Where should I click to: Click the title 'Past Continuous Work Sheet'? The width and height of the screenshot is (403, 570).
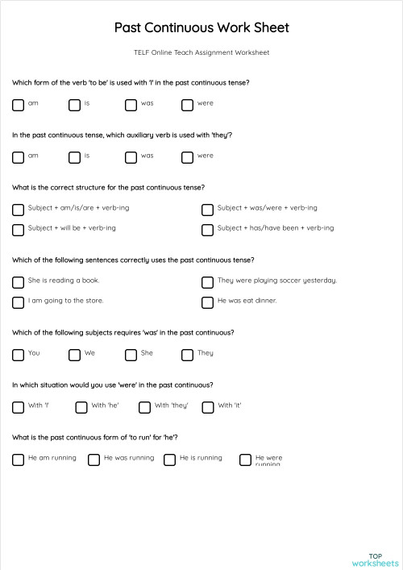(201, 27)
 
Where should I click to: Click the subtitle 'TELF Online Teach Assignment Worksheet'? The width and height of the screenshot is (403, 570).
(201, 52)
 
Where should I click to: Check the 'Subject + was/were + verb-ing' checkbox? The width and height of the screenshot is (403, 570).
(207, 209)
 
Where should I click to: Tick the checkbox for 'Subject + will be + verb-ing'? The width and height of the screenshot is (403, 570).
(18, 229)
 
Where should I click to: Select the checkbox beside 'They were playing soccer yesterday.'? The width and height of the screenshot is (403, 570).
(207, 281)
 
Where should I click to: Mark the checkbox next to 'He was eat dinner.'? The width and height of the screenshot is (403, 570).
(207, 302)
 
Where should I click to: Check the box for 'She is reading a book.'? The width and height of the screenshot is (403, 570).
(18, 281)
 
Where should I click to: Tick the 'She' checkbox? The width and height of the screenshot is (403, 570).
(131, 354)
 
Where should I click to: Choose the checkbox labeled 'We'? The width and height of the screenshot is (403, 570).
(74, 354)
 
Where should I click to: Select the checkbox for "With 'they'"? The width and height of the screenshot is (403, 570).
(144, 406)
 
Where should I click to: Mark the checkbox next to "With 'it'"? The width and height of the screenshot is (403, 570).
(207, 406)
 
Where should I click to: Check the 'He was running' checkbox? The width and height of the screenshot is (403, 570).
(93, 459)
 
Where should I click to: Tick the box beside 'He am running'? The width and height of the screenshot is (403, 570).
(18, 459)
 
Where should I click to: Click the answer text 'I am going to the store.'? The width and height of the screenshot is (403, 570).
(65, 301)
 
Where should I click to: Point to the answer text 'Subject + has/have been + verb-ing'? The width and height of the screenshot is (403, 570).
(275, 228)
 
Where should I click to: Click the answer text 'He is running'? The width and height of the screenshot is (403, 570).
(201, 458)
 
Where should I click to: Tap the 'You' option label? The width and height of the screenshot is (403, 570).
(34, 353)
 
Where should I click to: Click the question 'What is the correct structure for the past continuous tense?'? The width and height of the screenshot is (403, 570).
(108, 187)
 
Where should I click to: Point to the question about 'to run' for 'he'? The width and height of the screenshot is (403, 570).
(95, 437)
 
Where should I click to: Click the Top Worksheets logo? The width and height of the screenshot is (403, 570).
(375, 559)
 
